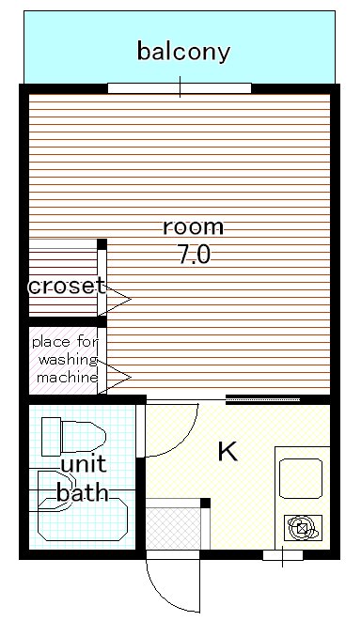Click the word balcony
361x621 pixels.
click(183, 52)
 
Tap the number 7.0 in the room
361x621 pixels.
click(194, 255)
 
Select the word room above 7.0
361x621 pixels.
click(194, 227)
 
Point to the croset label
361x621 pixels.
click(67, 286)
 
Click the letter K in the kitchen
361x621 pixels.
click(228, 452)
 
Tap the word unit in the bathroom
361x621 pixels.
click(84, 463)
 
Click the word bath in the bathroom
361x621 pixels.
click(83, 492)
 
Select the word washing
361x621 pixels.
click(68, 360)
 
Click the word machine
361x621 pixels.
click(67, 377)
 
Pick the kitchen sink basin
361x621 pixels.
click(301, 478)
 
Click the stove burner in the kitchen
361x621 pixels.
click(303, 528)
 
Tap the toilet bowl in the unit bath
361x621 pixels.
click(84, 437)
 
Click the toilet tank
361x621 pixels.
click(51, 437)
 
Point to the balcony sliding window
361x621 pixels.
click(180, 88)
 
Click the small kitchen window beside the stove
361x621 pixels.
click(283, 555)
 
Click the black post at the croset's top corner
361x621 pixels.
click(102, 244)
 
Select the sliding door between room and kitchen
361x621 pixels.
click(262, 399)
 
